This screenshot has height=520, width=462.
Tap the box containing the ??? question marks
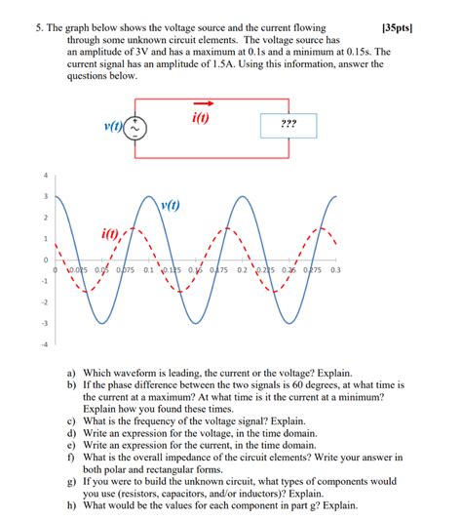289,126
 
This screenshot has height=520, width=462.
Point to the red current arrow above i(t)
205,103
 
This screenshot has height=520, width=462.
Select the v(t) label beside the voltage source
113,127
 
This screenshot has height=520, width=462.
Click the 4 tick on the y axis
44,176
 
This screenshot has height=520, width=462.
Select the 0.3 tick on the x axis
335,270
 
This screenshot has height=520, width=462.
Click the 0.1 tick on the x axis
148,270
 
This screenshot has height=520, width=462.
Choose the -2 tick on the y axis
43,301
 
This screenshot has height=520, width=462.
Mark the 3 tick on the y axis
44,196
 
